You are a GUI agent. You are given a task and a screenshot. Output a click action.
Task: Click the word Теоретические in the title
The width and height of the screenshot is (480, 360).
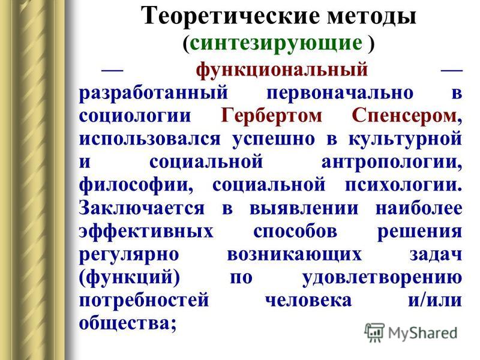click(x=230, y=16)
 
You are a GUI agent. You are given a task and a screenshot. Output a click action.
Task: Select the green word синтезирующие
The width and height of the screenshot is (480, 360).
click(x=276, y=43)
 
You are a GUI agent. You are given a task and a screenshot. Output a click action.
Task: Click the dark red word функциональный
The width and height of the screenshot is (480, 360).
click(x=281, y=70)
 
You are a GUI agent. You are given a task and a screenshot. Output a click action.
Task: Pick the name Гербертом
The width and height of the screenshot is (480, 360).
click(x=271, y=116)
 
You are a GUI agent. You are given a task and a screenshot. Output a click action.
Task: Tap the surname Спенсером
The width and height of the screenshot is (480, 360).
click(x=404, y=116)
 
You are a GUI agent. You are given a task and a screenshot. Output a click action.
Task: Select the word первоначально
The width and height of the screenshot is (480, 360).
click(x=340, y=94)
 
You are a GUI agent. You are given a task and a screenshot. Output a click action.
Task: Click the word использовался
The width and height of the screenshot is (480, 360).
click(x=149, y=139)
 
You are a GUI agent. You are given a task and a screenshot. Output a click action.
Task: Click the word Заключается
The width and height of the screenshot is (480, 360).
click(x=142, y=208)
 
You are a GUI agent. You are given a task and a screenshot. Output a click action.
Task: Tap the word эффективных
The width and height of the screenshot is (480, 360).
click(x=146, y=232)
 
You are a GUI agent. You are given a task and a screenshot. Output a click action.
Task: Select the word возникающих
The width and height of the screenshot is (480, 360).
click(x=294, y=254)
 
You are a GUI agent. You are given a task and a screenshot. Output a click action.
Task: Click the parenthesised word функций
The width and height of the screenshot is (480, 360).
click(x=130, y=278)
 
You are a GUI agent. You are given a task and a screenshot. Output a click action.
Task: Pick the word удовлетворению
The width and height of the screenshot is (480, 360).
click(x=382, y=278)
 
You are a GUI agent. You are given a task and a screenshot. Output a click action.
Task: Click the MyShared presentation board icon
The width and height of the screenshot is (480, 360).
click(x=374, y=333)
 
